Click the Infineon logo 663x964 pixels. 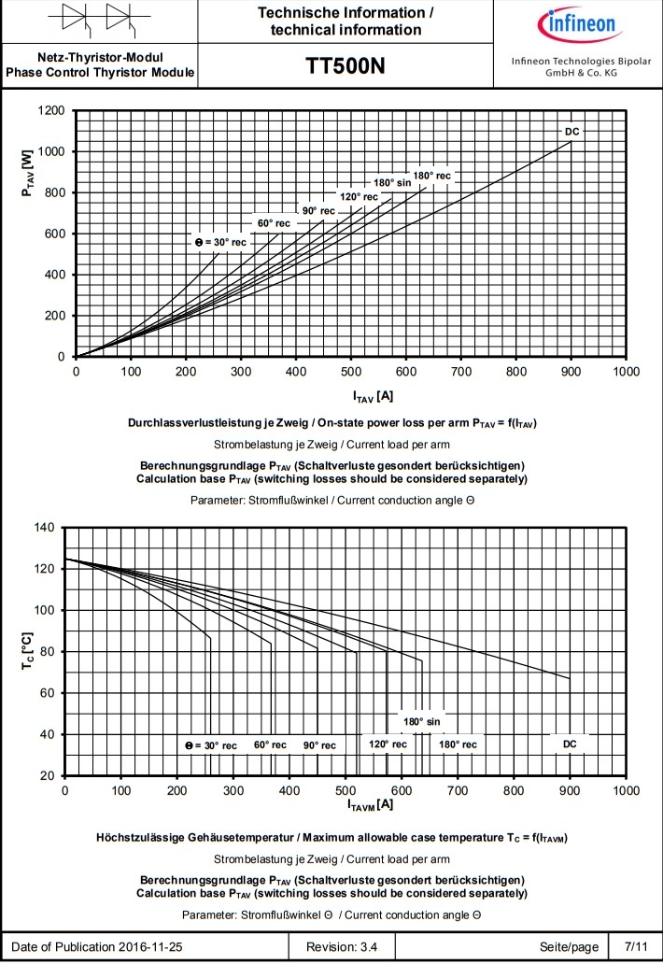[576, 23]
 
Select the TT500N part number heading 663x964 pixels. [346, 66]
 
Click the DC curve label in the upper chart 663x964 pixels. [572, 132]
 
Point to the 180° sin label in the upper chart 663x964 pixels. [392, 182]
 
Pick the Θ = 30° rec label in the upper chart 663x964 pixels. [221, 242]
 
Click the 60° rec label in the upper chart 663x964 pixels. [274, 223]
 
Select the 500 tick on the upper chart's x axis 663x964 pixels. [351, 372]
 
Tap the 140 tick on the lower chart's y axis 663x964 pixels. [45, 528]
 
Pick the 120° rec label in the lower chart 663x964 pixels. [388, 744]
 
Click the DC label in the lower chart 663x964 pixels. [570, 744]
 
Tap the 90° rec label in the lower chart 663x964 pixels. [319, 745]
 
